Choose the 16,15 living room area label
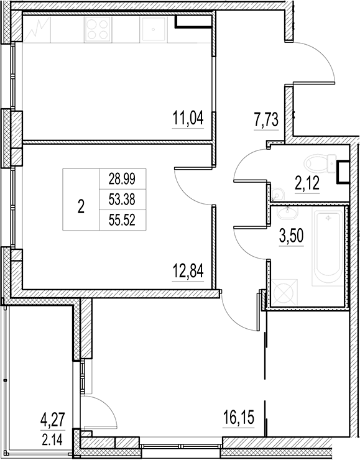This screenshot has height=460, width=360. click(239, 415)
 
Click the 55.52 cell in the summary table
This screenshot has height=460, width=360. click(122, 219)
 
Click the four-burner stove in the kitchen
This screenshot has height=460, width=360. click(98, 28)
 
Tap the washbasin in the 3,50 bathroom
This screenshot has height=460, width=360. click(287, 216)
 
